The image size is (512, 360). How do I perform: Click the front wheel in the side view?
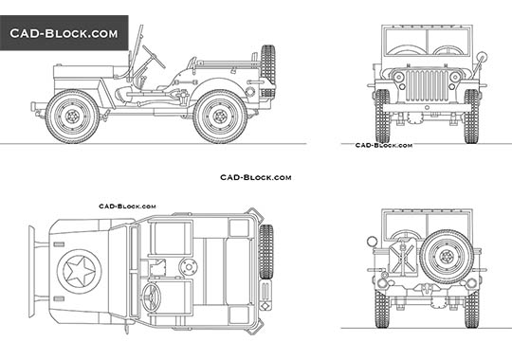coord(71,116)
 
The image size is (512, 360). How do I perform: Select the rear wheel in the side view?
coord(220,116)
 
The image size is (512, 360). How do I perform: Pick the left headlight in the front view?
coord(399,76)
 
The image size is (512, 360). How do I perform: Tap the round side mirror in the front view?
coord(483,59)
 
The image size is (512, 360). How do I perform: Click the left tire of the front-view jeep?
coord(382,115)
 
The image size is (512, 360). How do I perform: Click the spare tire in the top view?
coord(266,251)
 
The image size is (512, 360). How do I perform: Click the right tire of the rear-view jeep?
coord(471,309)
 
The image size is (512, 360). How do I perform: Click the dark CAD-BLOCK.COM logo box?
coord(64,33)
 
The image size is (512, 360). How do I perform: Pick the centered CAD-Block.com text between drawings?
coord(256,177)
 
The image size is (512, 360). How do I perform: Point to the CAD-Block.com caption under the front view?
coord(383,145)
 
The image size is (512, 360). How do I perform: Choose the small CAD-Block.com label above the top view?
coord(127,205)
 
